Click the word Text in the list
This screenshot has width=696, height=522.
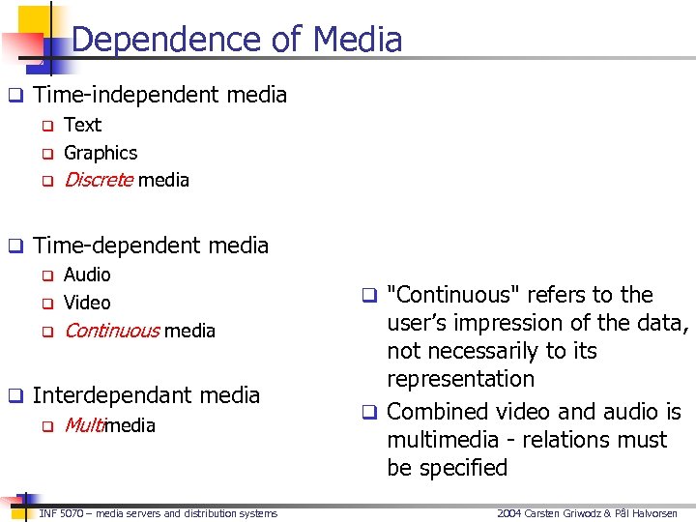coord(82,125)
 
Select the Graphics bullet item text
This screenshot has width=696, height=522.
coord(101,153)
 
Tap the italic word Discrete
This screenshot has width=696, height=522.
coord(99,180)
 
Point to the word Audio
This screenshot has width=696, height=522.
coord(87,275)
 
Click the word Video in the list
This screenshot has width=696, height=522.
coord(87,303)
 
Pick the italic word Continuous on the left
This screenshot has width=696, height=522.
coord(111,331)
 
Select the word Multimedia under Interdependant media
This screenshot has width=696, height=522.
coord(109,425)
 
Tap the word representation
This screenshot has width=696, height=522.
coord(460,379)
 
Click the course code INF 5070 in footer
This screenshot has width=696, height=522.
coord(61,513)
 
